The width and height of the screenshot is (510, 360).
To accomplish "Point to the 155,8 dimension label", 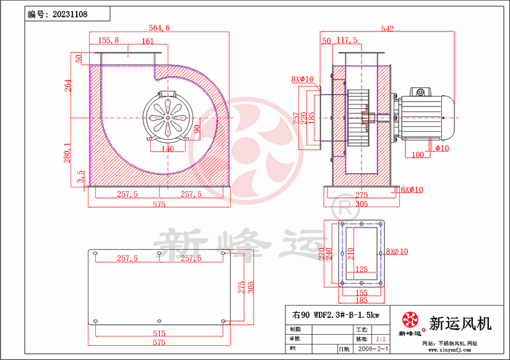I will click(108, 40).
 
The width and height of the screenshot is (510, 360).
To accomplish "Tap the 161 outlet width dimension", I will click(147, 41).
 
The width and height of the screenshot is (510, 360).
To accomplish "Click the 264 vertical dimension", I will click(68, 85).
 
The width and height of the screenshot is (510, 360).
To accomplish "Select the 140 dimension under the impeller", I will click(168, 149).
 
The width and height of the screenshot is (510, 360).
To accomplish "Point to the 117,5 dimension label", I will click(347, 41).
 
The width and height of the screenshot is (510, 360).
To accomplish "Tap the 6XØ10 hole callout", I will click(412, 189).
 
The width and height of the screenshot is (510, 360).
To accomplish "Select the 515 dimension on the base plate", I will click(160, 333).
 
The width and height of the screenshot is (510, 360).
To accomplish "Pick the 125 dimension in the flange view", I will click(362, 269).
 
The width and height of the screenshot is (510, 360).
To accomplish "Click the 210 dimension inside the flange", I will click(350, 252).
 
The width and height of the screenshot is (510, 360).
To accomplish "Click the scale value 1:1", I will click(381, 340).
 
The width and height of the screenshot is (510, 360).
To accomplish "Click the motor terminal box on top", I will click(421, 92).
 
